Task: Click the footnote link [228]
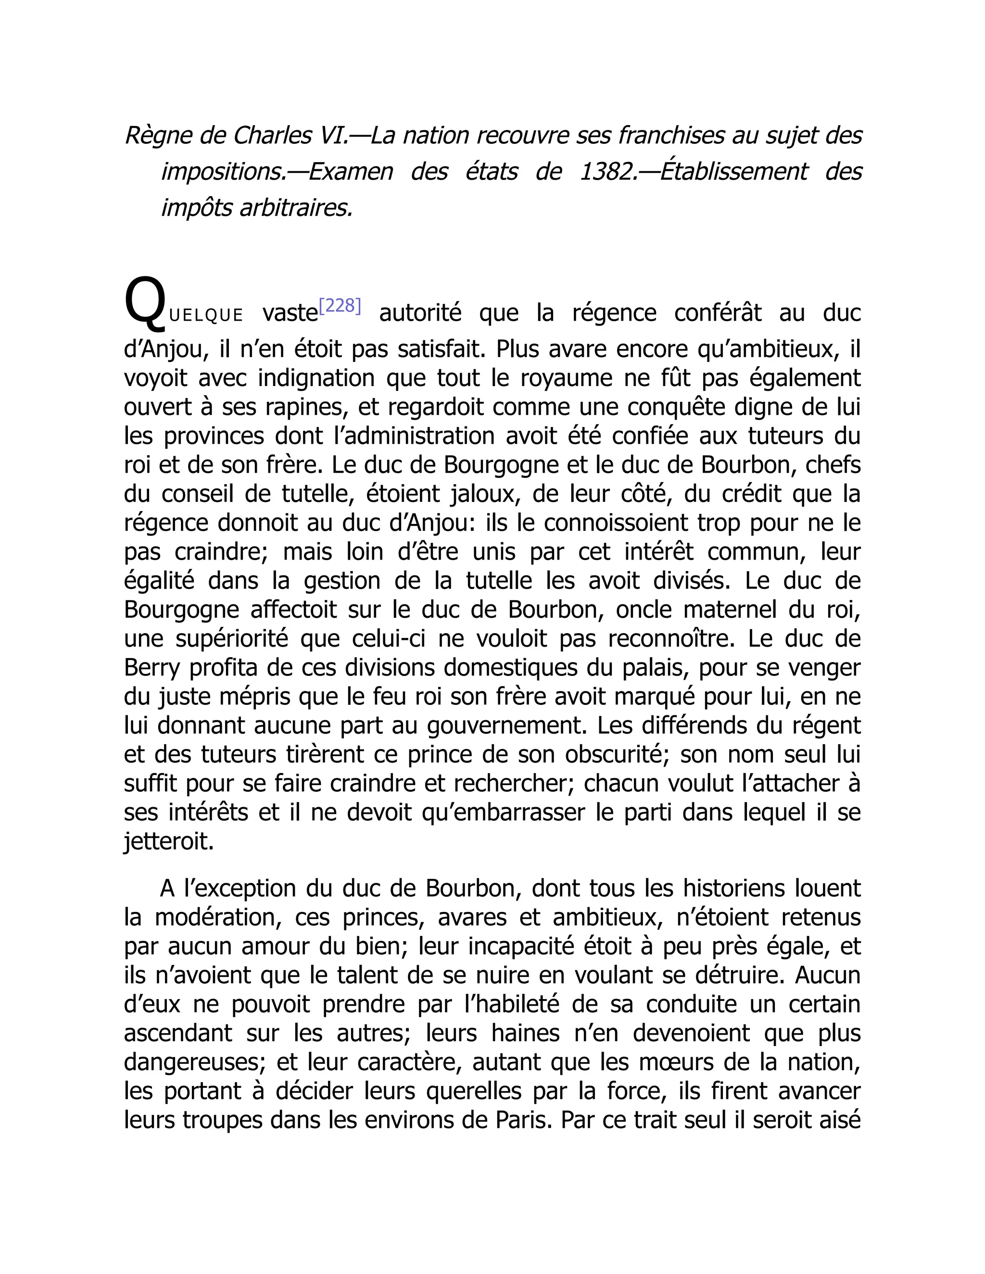(x=340, y=306)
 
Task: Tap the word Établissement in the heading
(x=734, y=172)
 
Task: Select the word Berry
(x=152, y=667)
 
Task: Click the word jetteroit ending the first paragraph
(x=169, y=841)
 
